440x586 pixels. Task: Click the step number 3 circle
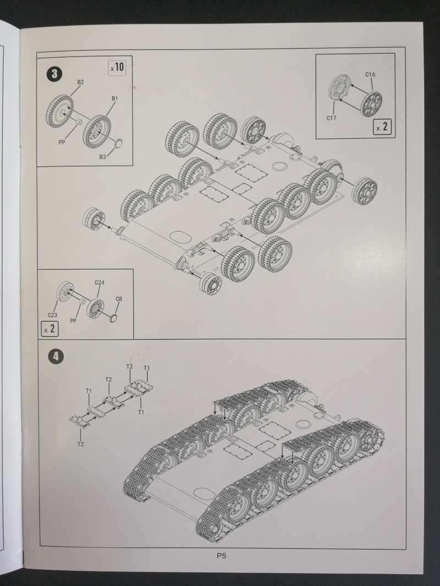pyautogui.click(x=54, y=74)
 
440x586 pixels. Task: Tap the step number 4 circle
pyautogui.click(x=56, y=356)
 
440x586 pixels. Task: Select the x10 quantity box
pyautogui.click(x=117, y=68)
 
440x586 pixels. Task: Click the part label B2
pyautogui.click(x=80, y=82)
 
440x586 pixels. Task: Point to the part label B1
pyautogui.click(x=114, y=98)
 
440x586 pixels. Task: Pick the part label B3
pyautogui.click(x=102, y=157)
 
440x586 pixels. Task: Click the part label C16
pyautogui.click(x=370, y=74)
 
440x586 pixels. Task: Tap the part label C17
pyautogui.click(x=331, y=118)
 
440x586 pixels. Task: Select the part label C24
pyautogui.click(x=99, y=282)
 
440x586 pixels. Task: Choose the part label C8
pyautogui.click(x=119, y=299)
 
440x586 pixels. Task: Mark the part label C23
pyautogui.click(x=52, y=315)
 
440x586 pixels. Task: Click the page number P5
pyautogui.click(x=221, y=556)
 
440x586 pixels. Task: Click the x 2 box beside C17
pyautogui.click(x=382, y=127)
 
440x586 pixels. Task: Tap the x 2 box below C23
pyautogui.click(x=50, y=329)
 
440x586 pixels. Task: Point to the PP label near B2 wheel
pyautogui.click(x=62, y=142)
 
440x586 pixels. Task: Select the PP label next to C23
pyautogui.click(x=73, y=321)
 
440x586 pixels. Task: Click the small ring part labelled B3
pyautogui.click(x=118, y=143)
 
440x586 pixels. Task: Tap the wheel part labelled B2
pyautogui.click(x=60, y=111)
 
